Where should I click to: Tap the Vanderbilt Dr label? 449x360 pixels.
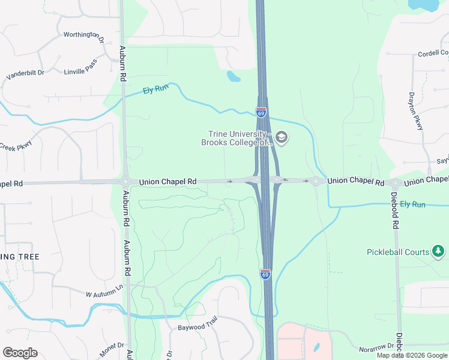[x=25, y=74]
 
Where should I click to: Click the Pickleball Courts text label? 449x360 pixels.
[x=398, y=252]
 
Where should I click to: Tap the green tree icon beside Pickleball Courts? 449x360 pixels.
[x=439, y=251]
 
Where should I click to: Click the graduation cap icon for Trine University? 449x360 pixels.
[x=282, y=138]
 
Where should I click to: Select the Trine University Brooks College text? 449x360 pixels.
[x=237, y=138]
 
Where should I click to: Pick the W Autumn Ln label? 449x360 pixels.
[x=104, y=294]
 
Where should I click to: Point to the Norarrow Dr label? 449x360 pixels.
[x=375, y=347]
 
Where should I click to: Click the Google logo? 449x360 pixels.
[x=20, y=353]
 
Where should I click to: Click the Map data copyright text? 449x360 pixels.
[x=412, y=355]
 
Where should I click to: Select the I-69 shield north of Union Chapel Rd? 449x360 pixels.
[x=261, y=112]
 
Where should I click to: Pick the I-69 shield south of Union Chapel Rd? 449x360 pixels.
[x=265, y=274]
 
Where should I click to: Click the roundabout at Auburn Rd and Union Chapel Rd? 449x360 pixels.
[x=125, y=182]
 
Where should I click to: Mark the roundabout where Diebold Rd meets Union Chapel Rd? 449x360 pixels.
[x=394, y=183]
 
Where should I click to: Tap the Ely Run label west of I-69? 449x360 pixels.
[x=156, y=89]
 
